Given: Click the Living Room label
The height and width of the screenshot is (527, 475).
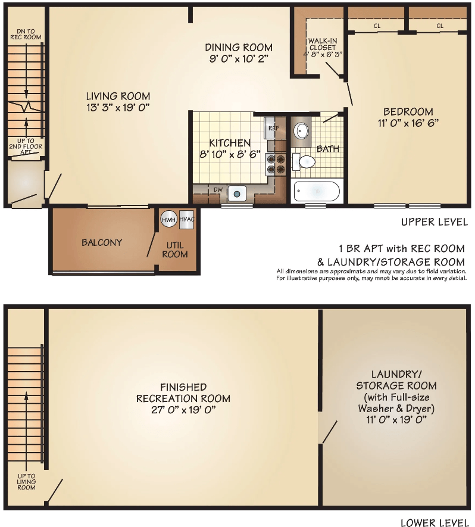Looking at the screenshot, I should (x=118, y=96).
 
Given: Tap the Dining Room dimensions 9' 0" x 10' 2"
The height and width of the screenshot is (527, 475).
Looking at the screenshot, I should (x=239, y=59).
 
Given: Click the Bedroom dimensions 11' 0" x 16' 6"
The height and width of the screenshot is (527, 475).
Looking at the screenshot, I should (x=408, y=123).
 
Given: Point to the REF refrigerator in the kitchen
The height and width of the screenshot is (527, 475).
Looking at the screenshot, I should (x=273, y=128).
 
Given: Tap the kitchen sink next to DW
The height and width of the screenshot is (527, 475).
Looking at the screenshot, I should (x=237, y=193).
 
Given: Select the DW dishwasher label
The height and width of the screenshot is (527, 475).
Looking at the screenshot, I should (x=218, y=190).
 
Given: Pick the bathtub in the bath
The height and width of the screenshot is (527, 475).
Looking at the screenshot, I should (x=317, y=192).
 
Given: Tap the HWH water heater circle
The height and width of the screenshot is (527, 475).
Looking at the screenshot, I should (x=168, y=219).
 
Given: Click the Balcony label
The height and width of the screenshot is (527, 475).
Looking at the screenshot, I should (x=102, y=242).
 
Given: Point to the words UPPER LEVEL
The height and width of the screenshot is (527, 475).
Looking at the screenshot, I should (x=434, y=222).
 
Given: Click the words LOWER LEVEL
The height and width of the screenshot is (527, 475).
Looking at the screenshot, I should (x=434, y=523).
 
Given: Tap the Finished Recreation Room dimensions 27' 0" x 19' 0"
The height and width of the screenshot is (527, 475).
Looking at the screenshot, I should (x=183, y=410).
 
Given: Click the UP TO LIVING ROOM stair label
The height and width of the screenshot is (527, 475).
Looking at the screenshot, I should (x=26, y=482).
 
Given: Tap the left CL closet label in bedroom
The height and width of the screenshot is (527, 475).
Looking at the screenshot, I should (x=377, y=26).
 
